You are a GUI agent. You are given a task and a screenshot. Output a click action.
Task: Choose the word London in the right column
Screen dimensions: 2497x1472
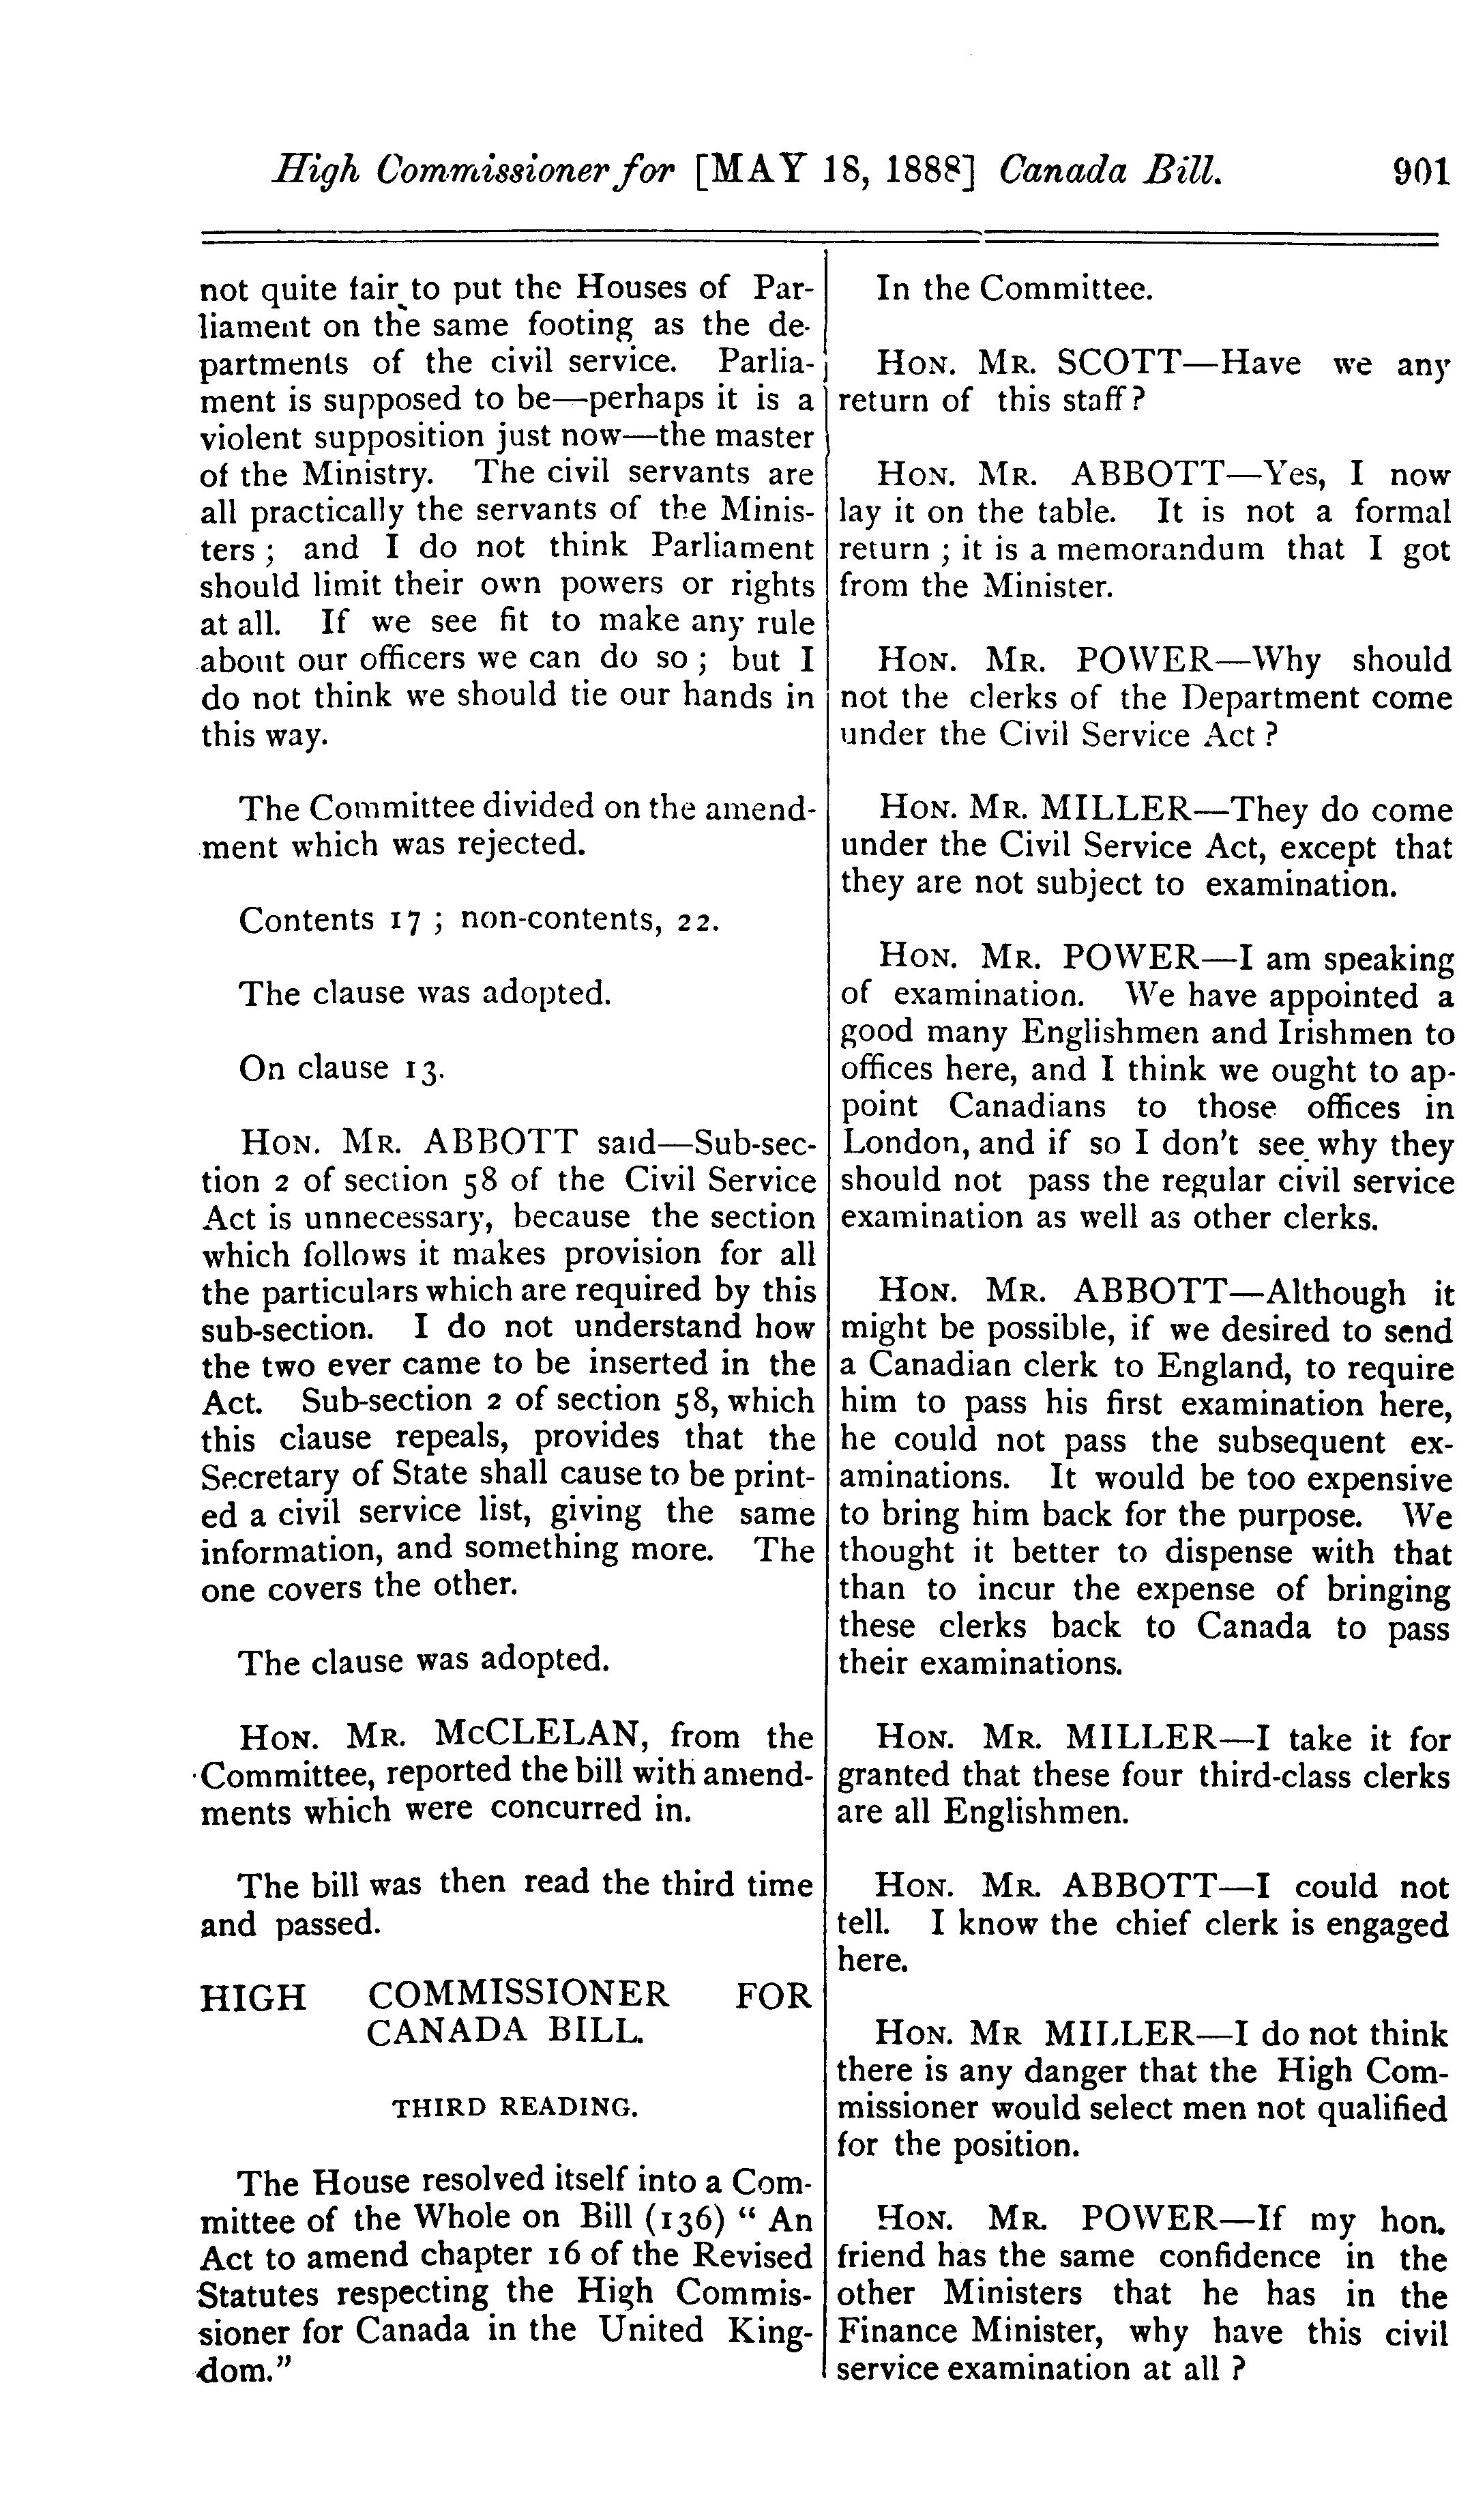pos(898,1144)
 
